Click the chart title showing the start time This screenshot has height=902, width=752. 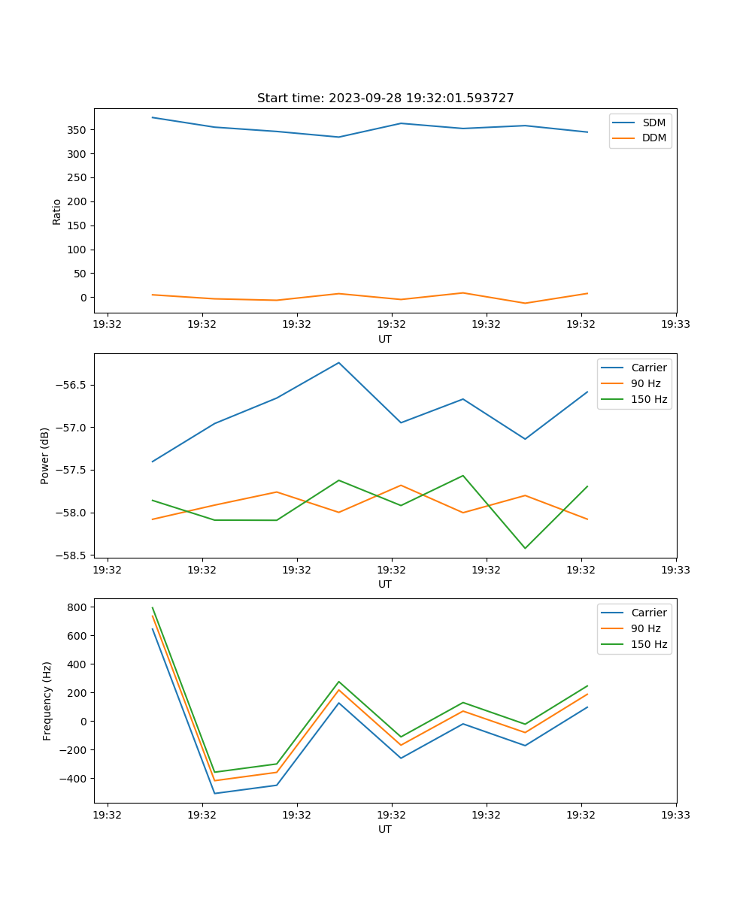coord(385,98)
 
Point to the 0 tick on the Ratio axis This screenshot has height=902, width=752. coord(83,298)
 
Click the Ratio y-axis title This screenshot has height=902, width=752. coord(57,211)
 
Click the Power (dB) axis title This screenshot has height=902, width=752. coord(45,456)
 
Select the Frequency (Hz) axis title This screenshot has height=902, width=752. coord(47,701)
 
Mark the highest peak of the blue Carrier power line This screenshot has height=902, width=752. coord(338,363)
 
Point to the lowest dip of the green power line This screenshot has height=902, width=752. coord(525,548)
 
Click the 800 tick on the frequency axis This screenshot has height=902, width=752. coord(78,607)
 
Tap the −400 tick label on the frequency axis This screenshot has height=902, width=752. coord(75,779)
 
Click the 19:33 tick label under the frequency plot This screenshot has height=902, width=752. coord(675,815)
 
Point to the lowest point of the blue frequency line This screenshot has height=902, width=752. coord(215,793)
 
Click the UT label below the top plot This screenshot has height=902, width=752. coord(385,339)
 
